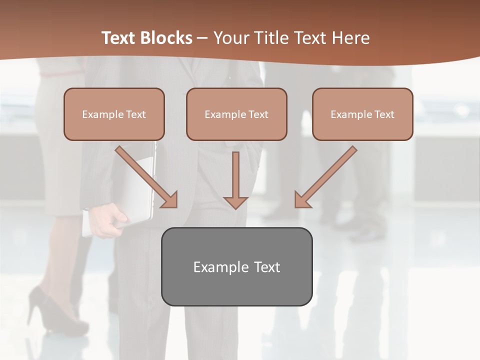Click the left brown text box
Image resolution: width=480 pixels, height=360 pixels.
[114, 114]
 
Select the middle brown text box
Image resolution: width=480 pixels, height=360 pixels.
[236, 114]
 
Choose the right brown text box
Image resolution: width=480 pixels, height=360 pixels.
[362, 114]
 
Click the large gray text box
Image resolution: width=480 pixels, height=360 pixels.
[236, 266]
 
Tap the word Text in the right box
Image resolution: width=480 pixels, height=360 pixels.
[384, 114]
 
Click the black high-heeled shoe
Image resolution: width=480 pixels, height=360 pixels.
[50, 310]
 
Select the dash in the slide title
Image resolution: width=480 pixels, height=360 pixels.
[202, 38]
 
